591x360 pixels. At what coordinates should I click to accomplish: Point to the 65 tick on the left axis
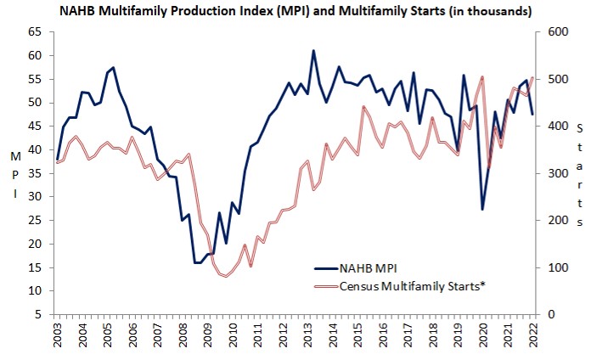point(34,31)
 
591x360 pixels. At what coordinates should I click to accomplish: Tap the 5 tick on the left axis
point(38,314)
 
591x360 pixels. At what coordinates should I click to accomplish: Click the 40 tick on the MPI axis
point(34,149)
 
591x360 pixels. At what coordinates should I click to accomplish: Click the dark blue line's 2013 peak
point(313,51)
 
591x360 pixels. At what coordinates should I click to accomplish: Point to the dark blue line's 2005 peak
point(114,67)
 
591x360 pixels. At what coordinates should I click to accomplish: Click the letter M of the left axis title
point(15,157)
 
